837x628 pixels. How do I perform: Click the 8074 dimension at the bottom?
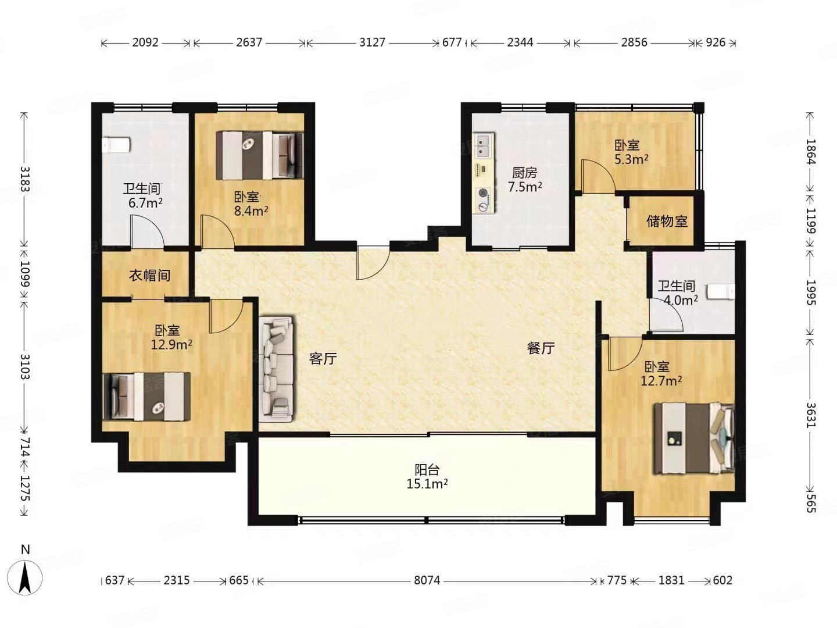(427, 580)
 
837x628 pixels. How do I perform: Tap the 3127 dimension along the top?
(372, 42)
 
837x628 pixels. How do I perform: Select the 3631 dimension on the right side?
(810, 415)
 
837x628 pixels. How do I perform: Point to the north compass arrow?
(25, 578)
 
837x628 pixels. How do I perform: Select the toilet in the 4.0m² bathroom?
(720, 292)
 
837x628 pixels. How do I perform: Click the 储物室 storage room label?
(667, 221)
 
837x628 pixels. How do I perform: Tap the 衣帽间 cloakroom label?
(149, 275)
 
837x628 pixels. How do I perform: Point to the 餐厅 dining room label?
(541, 348)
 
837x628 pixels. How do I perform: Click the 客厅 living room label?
(323, 358)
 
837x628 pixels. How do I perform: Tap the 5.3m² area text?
(631, 159)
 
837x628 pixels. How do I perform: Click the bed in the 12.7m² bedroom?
(694, 438)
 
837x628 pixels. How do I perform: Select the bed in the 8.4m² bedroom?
(260, 155)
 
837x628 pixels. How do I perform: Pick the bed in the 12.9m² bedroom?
(147, 397)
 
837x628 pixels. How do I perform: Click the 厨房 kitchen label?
(525, 173)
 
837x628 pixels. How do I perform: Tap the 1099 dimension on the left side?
(25, 273)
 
